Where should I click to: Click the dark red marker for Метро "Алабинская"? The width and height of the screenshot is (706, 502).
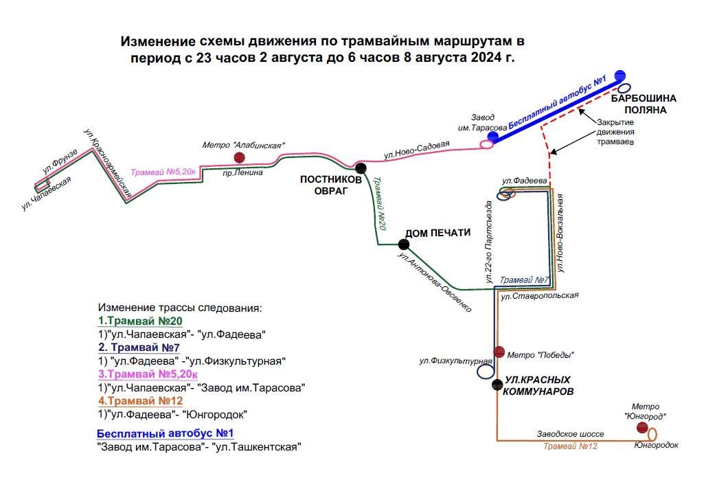pyautogui.click(x=239, y=157)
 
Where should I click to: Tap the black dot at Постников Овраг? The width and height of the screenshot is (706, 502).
pyautogui.click(x=361, y=168)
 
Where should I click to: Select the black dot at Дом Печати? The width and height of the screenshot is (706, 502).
pyautogui.click(x=404, y=244)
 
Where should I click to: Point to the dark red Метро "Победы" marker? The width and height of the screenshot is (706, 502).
pyautogui.click(x=499, y=352)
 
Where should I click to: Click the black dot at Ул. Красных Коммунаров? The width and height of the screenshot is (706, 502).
pyautogui.click(x=497, y=385)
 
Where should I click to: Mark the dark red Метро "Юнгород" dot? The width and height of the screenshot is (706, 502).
pyautogui.click(x=643, y=427)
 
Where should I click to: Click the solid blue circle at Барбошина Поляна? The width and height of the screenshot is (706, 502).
pyautogui.click(x=620, y=75)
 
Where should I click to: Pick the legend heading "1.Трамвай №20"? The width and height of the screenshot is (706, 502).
pyautogui.click(x=140, y=321)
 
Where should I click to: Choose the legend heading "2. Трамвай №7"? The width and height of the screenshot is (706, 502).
pyautogui.click(x=139, y=347)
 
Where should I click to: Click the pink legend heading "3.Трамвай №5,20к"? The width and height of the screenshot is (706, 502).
pyautogui.click(x=148, y=374)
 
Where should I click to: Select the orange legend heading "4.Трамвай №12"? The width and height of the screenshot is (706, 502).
pyautogui.click(x=141, y=400)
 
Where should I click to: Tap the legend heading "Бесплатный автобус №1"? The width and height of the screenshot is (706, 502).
pyautogui.click(x=166, y=433)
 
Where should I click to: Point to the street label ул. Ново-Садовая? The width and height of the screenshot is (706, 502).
pyautogui.click(x=417, y=150)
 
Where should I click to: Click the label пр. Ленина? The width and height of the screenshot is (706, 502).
pyautogui.click(x=242, y=172)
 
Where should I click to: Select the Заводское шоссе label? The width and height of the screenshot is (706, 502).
pyautogui.click(x=570, y=434)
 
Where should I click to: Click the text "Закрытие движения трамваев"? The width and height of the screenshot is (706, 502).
pyautogui.click(x=615, y=132)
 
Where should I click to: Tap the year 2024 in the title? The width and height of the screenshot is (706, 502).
pyautogui.click(x=488, y=58)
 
